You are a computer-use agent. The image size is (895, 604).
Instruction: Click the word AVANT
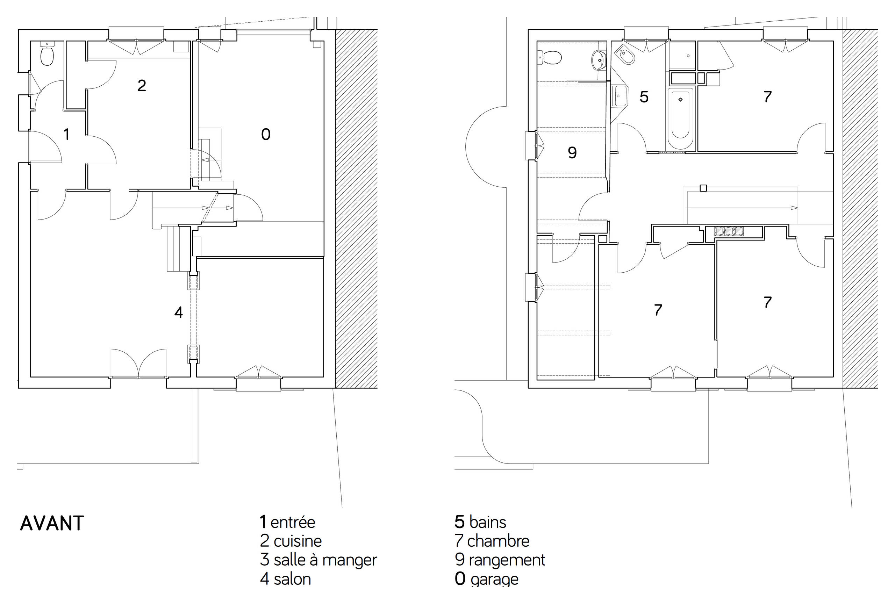click(52, 524)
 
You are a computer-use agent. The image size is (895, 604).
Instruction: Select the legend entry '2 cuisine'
click(291, 541)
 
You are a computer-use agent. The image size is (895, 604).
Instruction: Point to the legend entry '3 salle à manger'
click(318, 560)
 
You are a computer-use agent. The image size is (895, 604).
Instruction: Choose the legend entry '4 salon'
click(285, 579)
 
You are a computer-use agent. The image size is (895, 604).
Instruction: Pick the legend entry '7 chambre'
click(492, 541)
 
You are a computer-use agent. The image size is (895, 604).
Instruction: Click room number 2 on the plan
click(142, 85)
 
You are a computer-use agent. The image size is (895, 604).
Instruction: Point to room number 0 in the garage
click(266, 134)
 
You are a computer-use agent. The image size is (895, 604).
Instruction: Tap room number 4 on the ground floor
click(178, 312)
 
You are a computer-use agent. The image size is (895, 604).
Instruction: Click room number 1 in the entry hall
click(67, 134)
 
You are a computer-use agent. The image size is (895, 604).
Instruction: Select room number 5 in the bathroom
click(644, 97)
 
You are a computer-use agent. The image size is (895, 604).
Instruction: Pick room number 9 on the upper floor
click(572, 153)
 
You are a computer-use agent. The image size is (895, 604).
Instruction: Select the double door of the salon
click(139, 364)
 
